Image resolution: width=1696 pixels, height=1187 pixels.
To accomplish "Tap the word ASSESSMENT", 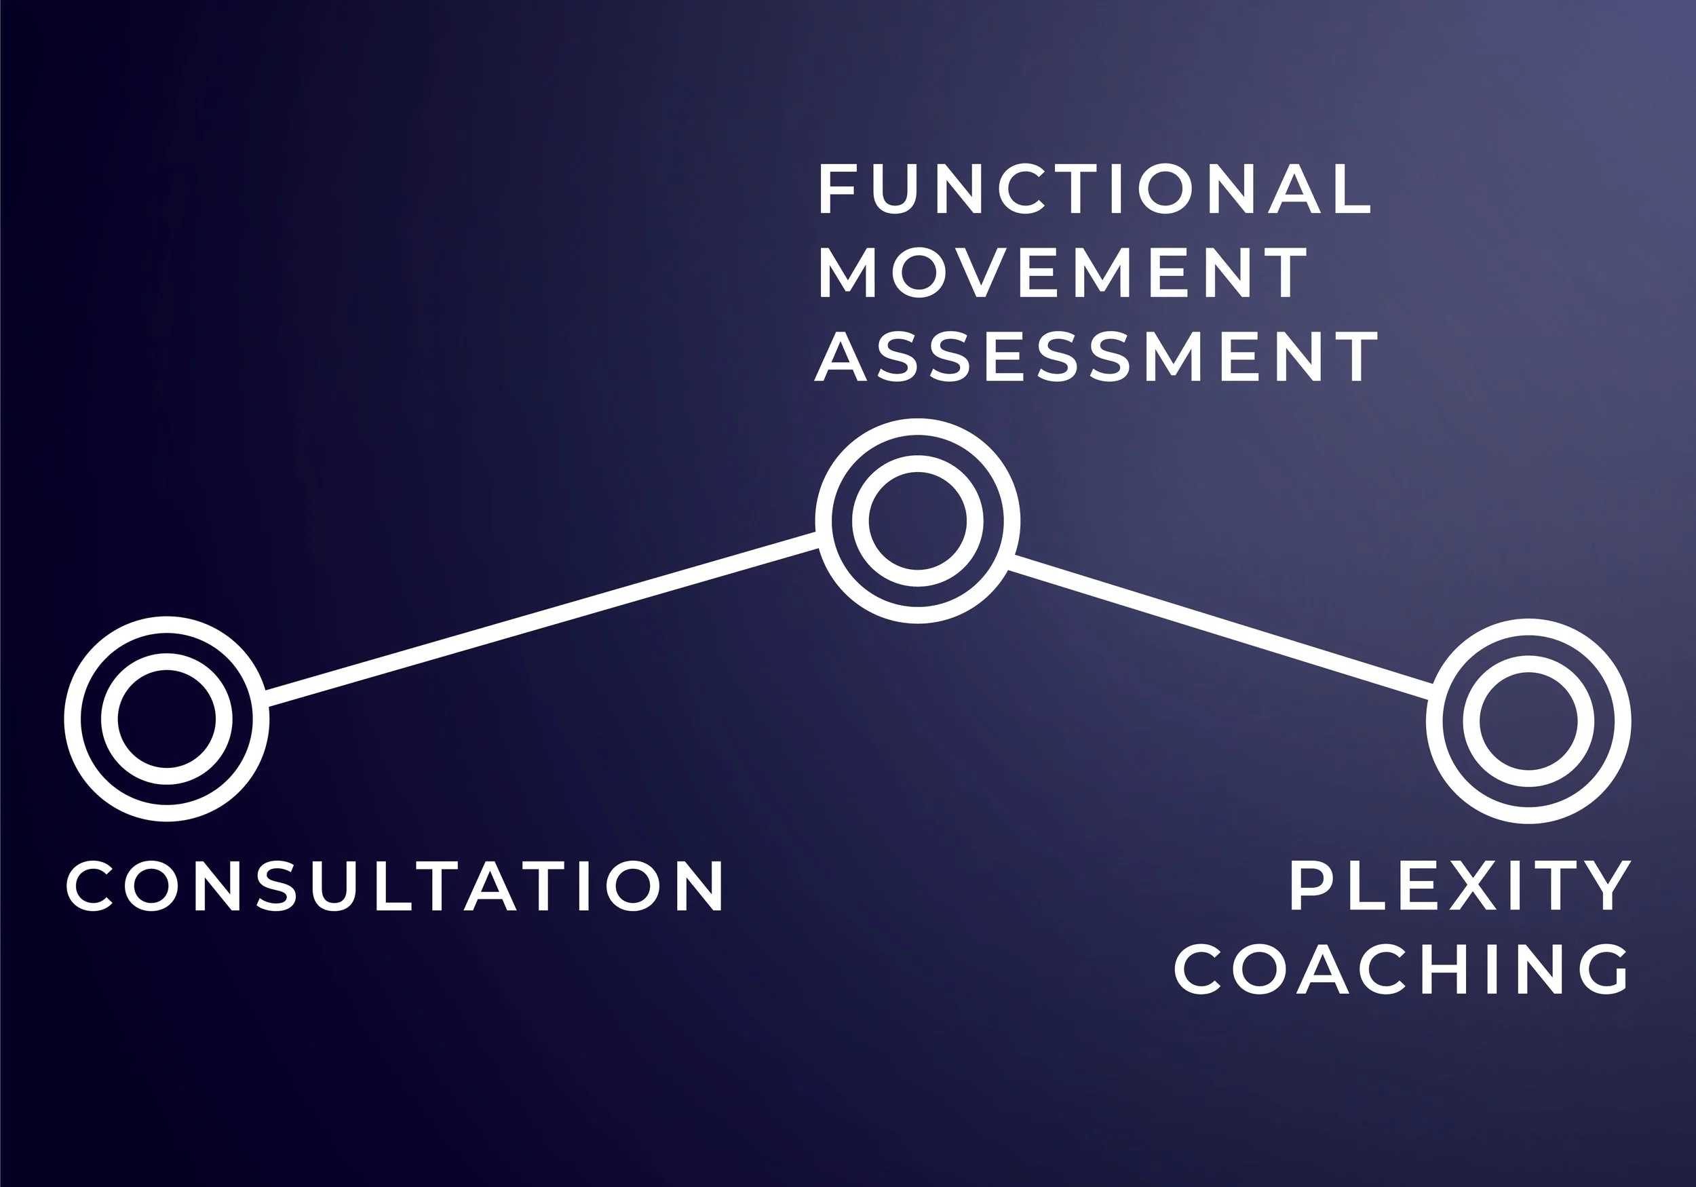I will coord(1096,356).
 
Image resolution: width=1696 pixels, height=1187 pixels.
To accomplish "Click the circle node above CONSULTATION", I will coord(167,719).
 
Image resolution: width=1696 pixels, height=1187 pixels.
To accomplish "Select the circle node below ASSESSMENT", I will coord(917,521).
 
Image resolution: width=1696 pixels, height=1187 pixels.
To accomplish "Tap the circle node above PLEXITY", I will coord(1528,721).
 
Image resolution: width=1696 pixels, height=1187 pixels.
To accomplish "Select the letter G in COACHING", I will coord(1602,970).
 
